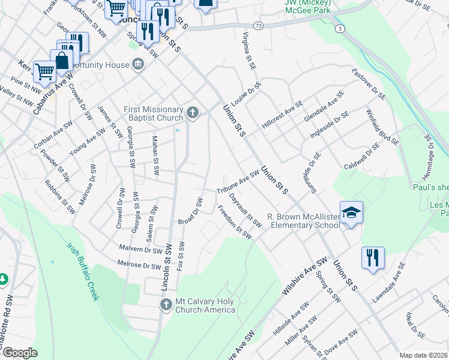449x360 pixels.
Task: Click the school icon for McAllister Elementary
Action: point(351,212)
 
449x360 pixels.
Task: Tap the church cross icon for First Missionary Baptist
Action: point(193,112)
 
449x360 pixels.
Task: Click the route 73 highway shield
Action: point(258,26)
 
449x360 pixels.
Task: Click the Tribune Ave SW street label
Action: point(238,181)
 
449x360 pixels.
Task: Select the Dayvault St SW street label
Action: point(246,213)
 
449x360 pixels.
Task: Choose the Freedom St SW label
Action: point(234,222)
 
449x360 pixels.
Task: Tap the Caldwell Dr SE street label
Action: point(362,155)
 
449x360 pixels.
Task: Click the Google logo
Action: point(20,353)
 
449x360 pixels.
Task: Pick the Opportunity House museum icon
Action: point(138,64)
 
